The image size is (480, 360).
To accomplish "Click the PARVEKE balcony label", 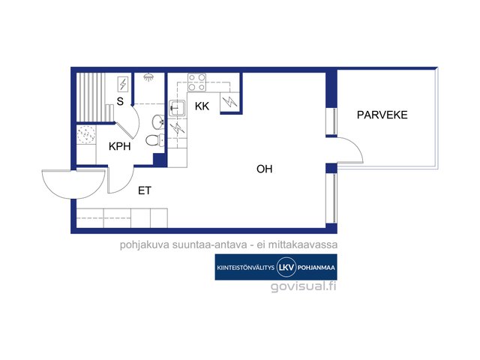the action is (x=382, y=115).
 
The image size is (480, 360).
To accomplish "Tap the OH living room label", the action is (x=265, y=169).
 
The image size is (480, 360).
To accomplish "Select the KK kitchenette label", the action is (x=202, y=106).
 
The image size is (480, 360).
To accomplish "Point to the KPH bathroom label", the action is (x=120, y=146).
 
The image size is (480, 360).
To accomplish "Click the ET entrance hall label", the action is (x=145, y=190).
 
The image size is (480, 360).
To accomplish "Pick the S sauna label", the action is (x=120, y=101).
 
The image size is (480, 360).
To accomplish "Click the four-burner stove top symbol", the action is (x=196, y=82).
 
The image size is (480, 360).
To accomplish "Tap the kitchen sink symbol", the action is (x=177, y=108).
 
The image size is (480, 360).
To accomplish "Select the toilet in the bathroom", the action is (x=155, y=140).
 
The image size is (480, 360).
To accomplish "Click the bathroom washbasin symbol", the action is (x=158, y=121).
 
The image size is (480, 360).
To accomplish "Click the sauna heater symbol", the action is (x=123, y=84).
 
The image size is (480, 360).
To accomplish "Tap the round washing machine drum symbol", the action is (x=86, y=134).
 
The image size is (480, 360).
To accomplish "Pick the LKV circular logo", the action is (x=286, y=267).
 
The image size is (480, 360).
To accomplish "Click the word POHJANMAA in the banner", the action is (x=316, y=268).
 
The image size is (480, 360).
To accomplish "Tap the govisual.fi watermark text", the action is (x=303, y=286).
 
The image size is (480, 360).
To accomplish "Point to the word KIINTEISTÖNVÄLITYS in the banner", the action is (x=245, y=268).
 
